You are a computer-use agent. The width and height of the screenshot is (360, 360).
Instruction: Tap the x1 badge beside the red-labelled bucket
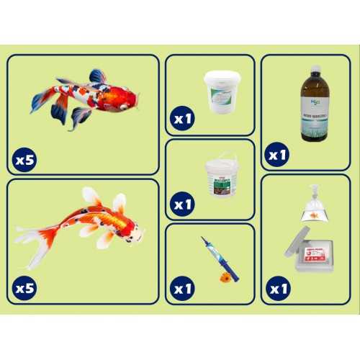(182, 204)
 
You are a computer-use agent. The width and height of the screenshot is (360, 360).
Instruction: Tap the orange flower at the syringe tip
(227, 274)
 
